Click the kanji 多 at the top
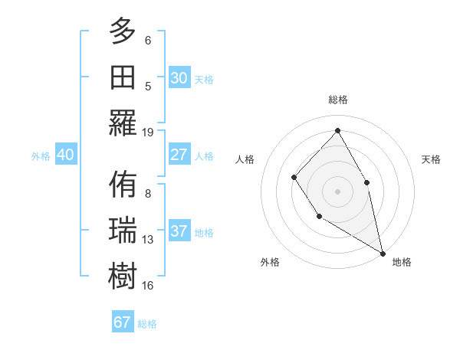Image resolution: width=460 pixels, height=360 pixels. [123, 33]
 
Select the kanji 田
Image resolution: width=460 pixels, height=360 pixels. [123, 77]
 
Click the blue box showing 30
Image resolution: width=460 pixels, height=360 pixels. [179, 78]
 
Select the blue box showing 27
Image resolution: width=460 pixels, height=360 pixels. [179, 155]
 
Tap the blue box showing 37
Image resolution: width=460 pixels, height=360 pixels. [179, 231]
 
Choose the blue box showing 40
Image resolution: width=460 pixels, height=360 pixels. [65, 155]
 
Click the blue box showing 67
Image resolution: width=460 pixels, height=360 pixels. [123, 322]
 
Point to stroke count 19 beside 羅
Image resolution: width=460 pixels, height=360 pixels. [148, 132]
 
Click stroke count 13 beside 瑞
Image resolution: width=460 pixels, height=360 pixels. [148, 240]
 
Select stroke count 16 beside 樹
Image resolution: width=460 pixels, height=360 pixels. [148, 285]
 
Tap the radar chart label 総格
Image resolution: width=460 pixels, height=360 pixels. [337, 100]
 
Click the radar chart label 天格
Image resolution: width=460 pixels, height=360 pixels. [431, 159]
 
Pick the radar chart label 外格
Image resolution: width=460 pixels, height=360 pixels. [270, 262]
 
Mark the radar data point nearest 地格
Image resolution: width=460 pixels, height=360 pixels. [383, 252]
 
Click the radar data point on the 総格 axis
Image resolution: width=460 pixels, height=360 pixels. [337, 130]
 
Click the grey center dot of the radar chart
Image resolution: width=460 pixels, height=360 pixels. [337, 191]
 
